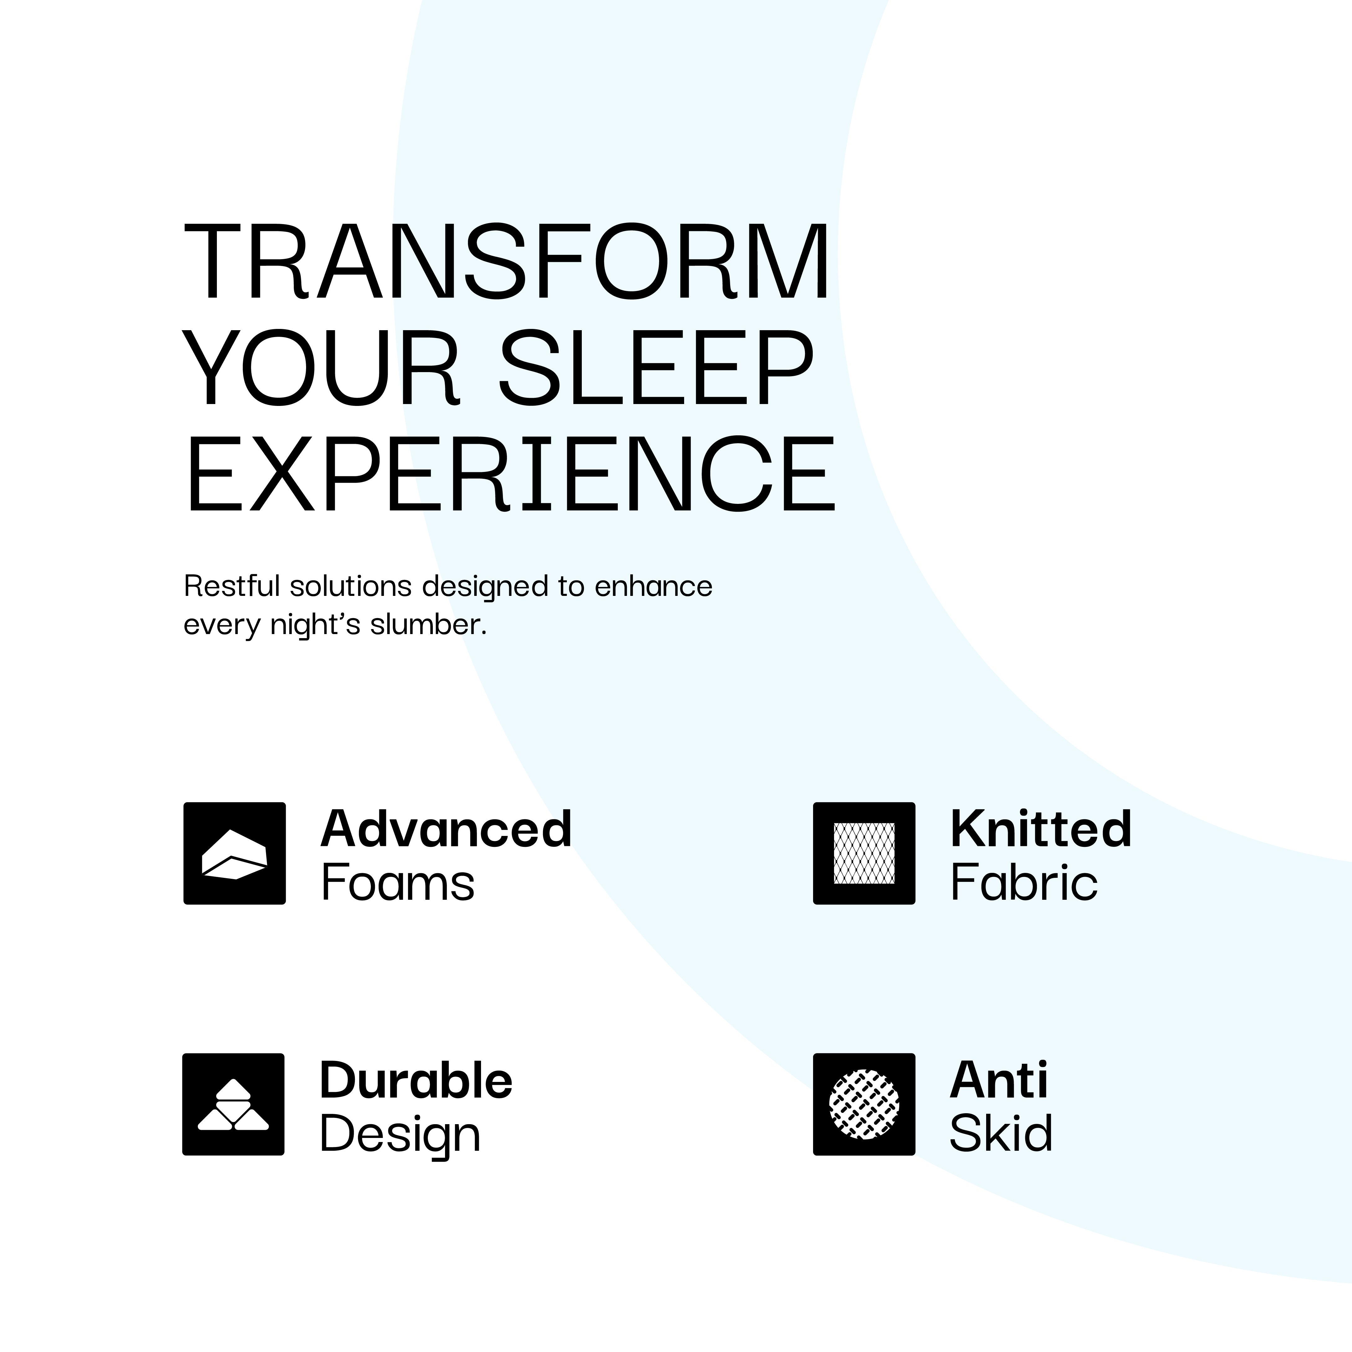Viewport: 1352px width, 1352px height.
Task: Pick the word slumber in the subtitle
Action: pos(428,624)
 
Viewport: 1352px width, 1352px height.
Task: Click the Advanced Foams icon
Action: pos(234,853)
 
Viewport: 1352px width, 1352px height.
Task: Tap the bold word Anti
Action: pos(999,1080)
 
